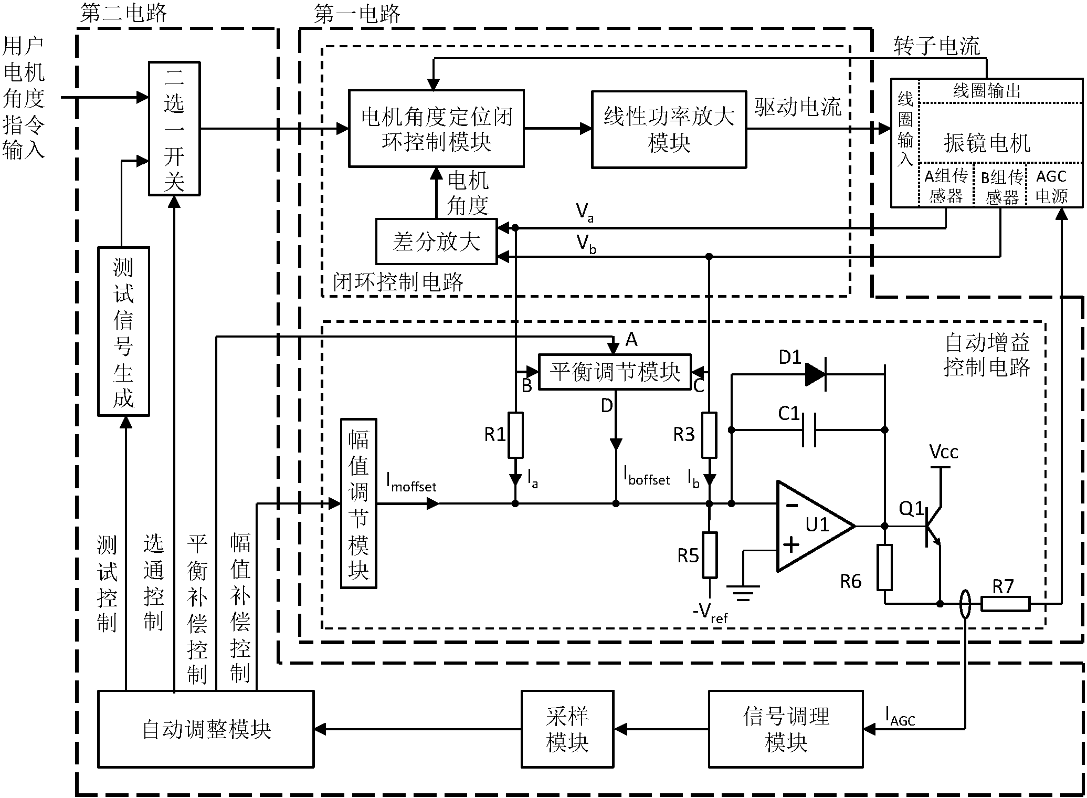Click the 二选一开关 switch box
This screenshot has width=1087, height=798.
pos(174,129)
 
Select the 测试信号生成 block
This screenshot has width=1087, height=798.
pos(123,332)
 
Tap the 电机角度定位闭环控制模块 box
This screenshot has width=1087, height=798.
pos(436,129)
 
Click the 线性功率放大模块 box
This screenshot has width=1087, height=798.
pos(669,130)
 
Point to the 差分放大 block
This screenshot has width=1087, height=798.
pos(436,241)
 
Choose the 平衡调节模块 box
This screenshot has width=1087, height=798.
pos(615,372)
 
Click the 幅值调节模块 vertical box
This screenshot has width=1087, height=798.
pos(358,503)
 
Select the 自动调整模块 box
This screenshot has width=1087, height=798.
pos(206,729)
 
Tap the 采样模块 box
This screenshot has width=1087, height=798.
pos(567,729)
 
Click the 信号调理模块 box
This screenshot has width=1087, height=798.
pos(785,729)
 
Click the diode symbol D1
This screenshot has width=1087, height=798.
pos(815,375)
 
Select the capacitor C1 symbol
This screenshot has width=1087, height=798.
pos(809,430)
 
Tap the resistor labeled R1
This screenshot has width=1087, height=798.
pos(516,435)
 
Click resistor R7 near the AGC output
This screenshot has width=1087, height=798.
pos(1005,604)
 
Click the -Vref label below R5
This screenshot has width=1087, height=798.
pos(710,613)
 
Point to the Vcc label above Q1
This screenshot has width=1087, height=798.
pos(943,451)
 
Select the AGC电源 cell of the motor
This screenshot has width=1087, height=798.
pos(1052,186)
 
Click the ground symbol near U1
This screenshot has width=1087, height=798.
pos(743,592)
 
